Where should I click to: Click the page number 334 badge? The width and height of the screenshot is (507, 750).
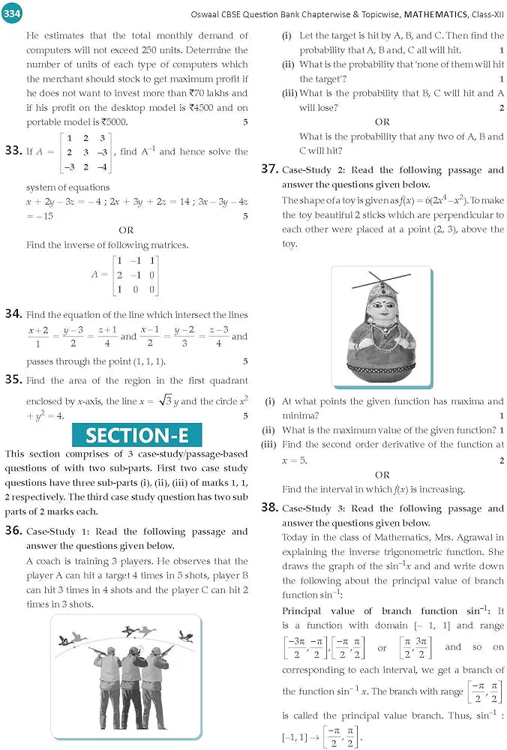tap(14, 14)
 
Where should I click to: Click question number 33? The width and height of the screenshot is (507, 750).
tap(13, 151)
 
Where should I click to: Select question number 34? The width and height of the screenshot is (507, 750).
tap(13, 314)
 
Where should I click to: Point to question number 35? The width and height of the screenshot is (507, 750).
tap(13, 379)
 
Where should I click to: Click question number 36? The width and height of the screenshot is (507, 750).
tap(13, 530)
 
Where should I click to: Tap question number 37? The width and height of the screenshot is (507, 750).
tap(270, 169)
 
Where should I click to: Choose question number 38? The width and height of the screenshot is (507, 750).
tap(270, 508)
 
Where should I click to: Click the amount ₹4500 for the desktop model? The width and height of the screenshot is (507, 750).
tap(204, 107)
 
